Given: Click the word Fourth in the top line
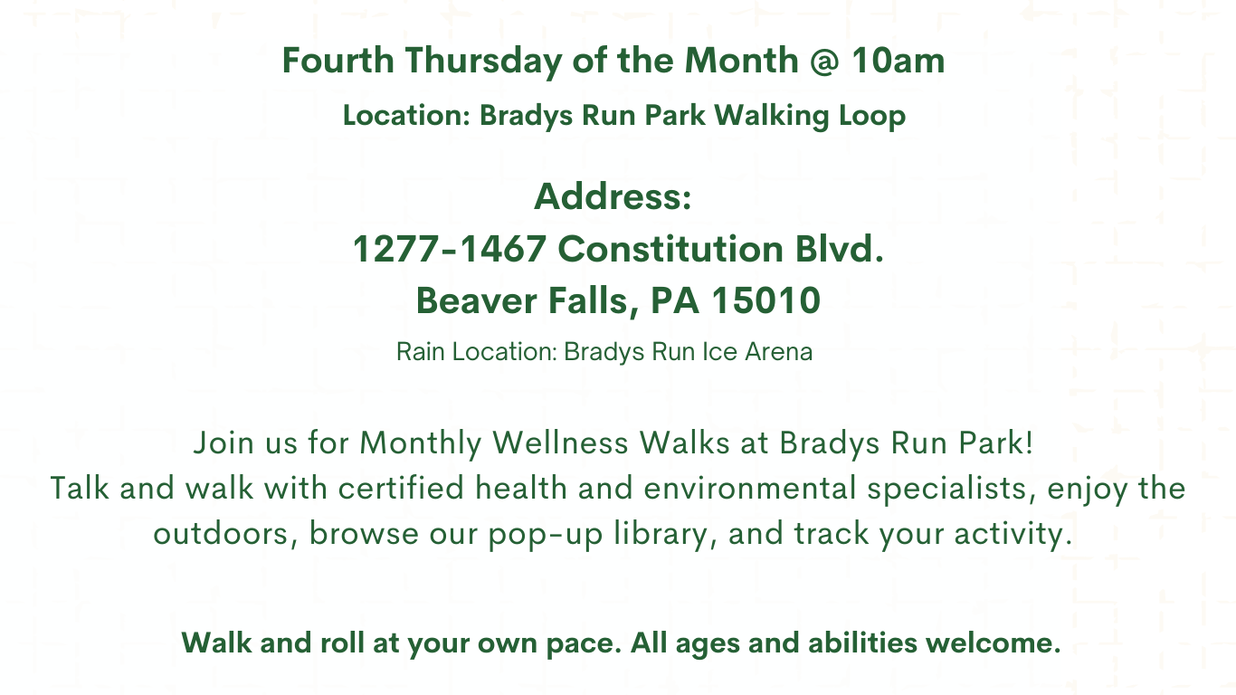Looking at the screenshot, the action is [338, 60].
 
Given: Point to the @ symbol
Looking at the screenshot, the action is [825, 61].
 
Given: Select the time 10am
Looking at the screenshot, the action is [898, 60].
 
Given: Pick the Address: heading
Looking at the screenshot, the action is [613, 196].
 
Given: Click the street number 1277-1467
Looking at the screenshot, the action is [449, 249].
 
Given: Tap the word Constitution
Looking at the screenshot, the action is [670, 249].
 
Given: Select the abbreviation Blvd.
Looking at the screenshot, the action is [840, 249].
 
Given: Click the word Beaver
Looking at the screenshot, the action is [476, 300].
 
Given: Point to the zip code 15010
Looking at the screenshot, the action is [765, 300].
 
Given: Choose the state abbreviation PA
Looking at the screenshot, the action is [675, 300].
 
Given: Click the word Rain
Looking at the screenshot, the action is [421, 352].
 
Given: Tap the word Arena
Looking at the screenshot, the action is [778, 352].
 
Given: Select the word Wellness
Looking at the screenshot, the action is [560, 443].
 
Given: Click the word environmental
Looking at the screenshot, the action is [750, 489].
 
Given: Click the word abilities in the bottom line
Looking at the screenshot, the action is [862, 643].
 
